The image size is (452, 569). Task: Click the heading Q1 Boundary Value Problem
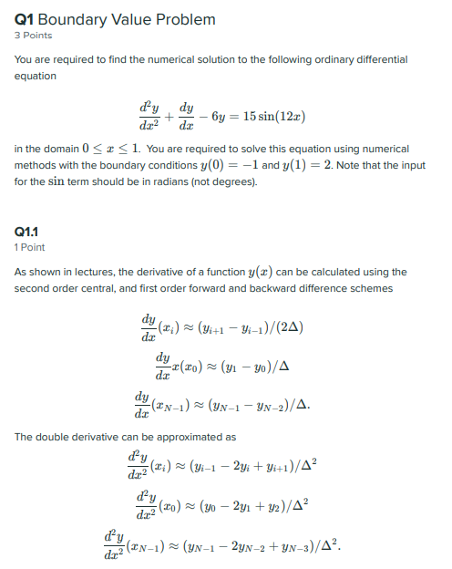point(115,19)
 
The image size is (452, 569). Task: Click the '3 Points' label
point(33,36)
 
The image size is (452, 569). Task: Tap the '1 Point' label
point(30,247)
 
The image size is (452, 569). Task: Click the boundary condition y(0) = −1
point(225,164)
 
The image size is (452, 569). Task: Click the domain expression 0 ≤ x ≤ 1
point(113,148)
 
